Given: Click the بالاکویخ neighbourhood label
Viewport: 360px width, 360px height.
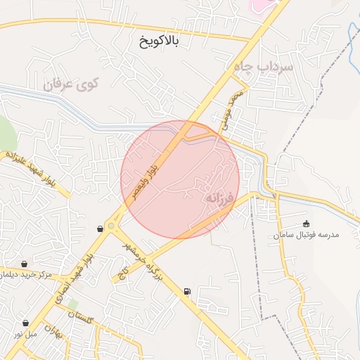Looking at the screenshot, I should click(160, 42).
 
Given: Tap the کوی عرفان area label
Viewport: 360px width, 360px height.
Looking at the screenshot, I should click(72, 84).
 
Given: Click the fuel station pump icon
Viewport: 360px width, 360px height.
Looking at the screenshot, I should click(186, 291).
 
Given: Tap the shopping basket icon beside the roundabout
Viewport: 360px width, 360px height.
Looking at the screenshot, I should click(99, 229).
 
